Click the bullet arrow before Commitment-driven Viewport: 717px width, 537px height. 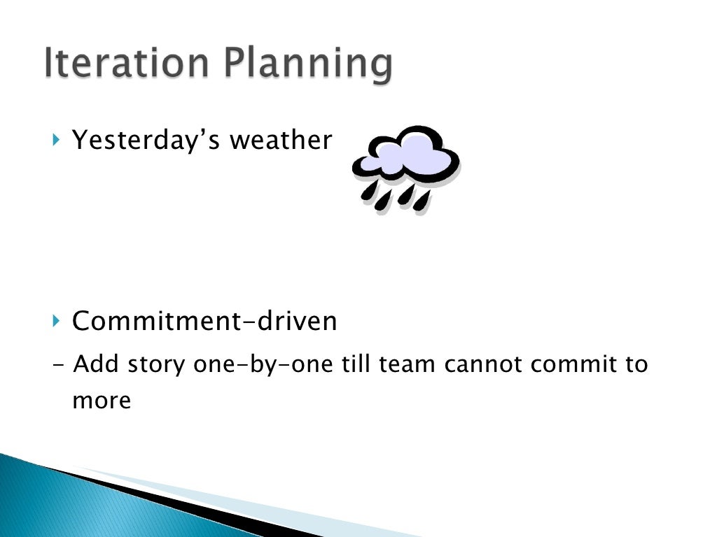[x=57, y=322]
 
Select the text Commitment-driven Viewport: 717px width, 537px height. [x=204, y=322]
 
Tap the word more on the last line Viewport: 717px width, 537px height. [x=102, y=401]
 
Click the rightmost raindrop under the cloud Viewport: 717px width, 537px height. [x=422, y=201]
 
